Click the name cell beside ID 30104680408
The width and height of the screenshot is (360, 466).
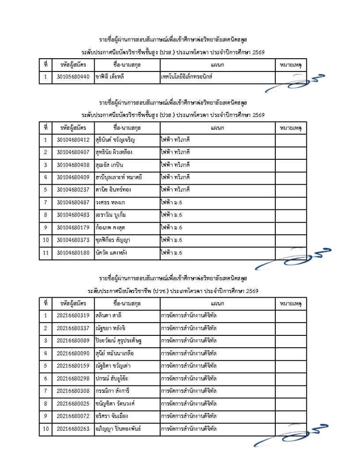pyautogui.click(x=127, y=164)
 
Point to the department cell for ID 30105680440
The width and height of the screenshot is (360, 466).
pyautogui.click(x=217, y=77)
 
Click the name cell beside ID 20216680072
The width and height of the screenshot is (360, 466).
pyautogui.click(x=127, y=415)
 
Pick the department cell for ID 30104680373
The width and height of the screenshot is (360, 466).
pyautogui.click(x=217, y=239)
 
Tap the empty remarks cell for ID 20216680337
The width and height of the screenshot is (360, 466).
pyautogui.click(x=290, y=328)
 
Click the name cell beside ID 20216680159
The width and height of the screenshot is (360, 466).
pyautogui.click(x=127, y=365)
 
